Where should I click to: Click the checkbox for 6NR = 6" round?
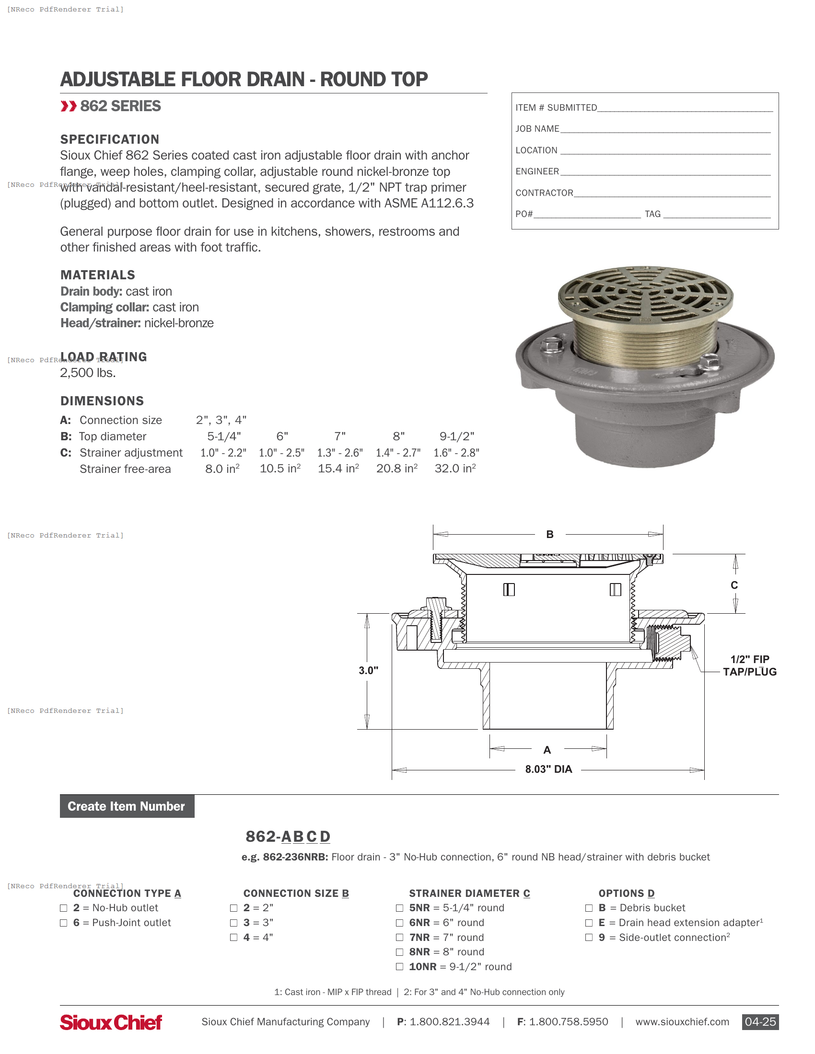point(399,923)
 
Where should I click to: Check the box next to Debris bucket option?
point(589,908)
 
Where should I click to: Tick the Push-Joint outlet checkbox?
point(64,923)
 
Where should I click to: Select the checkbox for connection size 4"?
point(233,937)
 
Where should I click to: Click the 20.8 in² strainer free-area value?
point(397,469)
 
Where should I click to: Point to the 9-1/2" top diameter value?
point(457,436)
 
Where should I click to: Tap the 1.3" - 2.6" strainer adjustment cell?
point(340,453)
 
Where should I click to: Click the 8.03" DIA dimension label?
point(548,769)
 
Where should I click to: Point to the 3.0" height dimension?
point(368,670)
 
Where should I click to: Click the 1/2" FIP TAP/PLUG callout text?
point(749,665)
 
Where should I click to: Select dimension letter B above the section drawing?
point(550,534)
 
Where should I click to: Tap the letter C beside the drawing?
point(734,585)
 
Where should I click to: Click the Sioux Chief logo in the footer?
point(111,1022)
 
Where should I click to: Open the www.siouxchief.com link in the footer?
point(682,1022)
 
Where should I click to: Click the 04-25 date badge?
point(760,1022)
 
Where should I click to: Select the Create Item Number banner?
point(127,806)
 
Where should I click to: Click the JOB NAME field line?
point(665,129)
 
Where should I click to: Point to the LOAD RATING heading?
point(104,356)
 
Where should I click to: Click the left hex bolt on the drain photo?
point(550,345)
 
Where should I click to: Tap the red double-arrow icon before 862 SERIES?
point(69,106)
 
